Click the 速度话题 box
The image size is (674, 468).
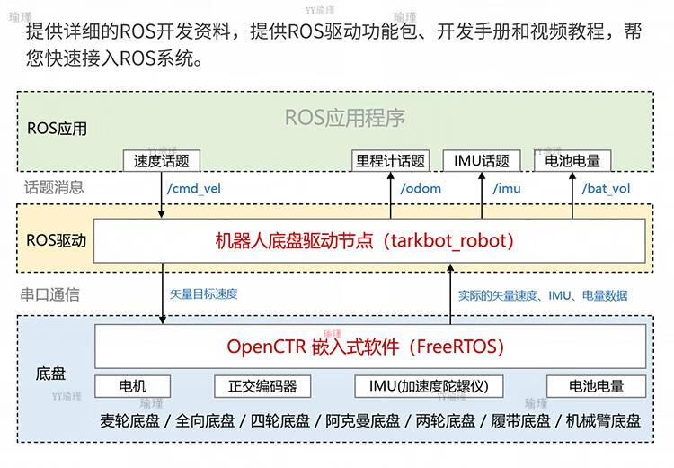[x=162, y=161]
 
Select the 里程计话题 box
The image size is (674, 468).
[x=390, y=161]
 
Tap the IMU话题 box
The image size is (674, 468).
[x=481, y=161]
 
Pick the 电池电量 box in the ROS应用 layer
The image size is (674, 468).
[x=572, y=161]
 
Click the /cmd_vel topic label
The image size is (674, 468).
[x=194, y=188]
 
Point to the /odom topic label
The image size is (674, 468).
[x=421, y=188]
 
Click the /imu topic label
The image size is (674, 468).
[x=506, y=188]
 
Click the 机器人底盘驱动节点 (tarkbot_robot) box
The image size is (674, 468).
[x=369, y=241]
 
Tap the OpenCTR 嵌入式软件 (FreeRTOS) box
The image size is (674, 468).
[x=369, y=346]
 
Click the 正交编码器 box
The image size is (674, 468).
[x=262, y=386]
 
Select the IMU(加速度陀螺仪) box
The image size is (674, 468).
[x=429, y=386]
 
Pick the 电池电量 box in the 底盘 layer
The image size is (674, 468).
[x=597, y=386]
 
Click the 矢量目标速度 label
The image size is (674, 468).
[x=204, y=293]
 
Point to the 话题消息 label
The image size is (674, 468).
[x=54, y=187]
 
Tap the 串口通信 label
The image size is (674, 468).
[x=50, y=294]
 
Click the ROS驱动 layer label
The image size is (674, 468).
[x=57, y=241]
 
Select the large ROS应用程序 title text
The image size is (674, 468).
[x=345, y=118]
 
